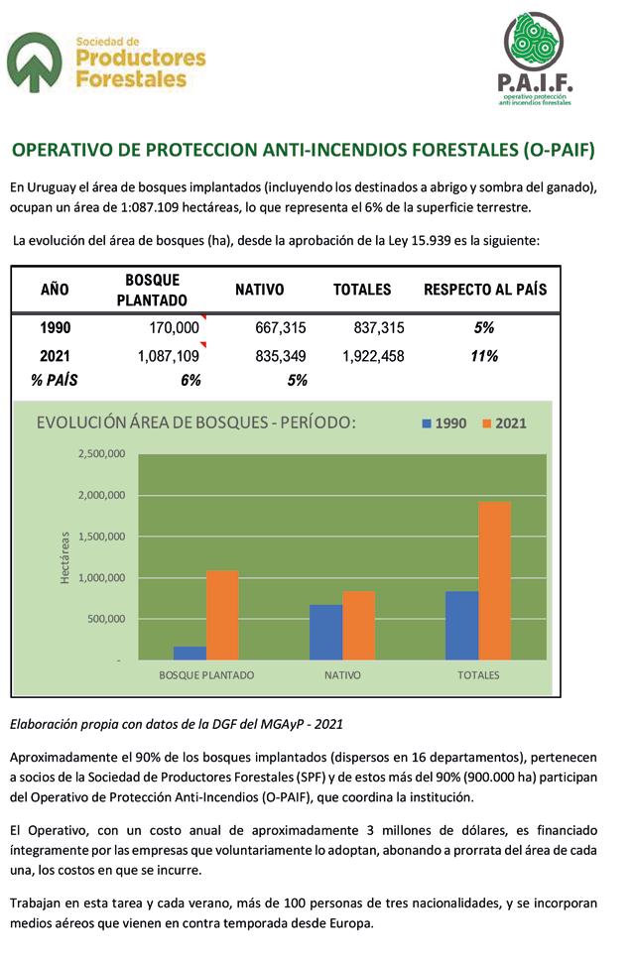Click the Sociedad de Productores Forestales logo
(x=107, y=61)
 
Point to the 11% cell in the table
(x=484, y=356)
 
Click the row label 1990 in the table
(x=56, y=328)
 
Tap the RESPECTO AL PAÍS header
(x=485, y=290)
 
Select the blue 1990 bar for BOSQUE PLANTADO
(x=190, y=653)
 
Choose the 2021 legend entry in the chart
(x=505, y=422)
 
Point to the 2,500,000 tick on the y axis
(x=101, y=454)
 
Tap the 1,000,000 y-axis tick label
(x=101, y=577)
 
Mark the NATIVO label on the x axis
(x=342, y=675)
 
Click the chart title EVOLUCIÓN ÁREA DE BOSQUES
(x=195, y=421)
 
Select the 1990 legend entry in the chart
(x=444, y=422)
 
